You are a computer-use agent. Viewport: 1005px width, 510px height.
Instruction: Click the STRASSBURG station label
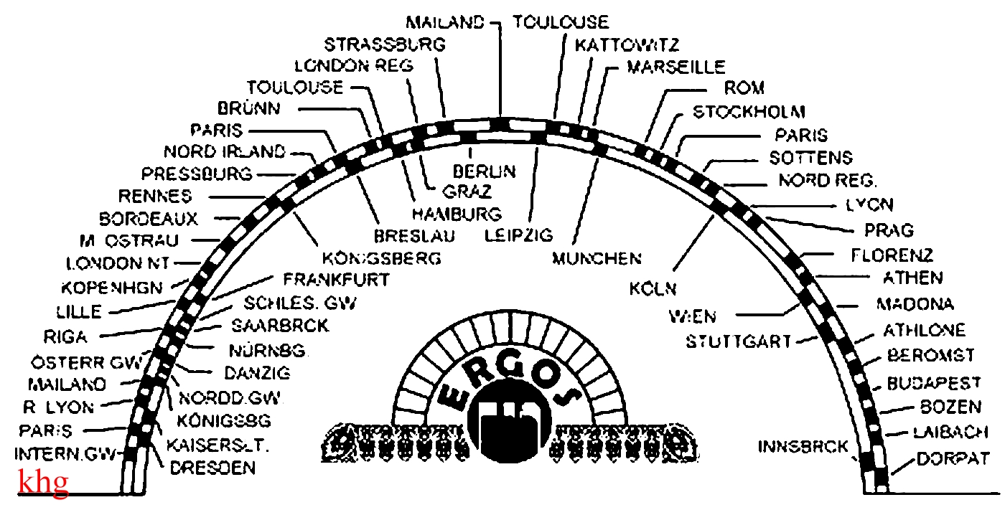[x=385, y=44]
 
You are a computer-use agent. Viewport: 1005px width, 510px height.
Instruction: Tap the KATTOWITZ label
[x=627, y=45]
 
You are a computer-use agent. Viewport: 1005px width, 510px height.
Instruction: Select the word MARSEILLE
[x=676, y=67]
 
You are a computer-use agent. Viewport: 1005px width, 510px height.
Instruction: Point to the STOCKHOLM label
[x=749, y=113]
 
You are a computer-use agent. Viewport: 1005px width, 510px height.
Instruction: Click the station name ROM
[x=744, y=89]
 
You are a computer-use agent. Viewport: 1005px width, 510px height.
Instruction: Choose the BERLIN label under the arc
[x=484, y=171]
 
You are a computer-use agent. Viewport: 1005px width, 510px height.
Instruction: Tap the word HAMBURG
[x=456, y=214]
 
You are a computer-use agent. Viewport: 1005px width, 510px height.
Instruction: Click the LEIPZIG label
[x=518, y=235]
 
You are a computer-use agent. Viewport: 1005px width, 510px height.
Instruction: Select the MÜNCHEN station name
[x=596, y=258]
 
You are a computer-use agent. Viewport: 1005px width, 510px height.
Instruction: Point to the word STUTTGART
[x=738, y=341]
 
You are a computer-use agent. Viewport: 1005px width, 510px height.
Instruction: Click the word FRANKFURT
[x=336, y=278]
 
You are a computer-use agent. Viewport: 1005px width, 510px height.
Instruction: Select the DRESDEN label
[x=212, y=468]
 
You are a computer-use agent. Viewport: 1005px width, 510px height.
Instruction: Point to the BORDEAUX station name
[x=149, y=218]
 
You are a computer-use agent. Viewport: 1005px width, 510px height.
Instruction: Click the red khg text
[x=43, y=482]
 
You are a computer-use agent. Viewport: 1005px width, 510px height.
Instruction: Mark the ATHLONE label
[x=924, y=330]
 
